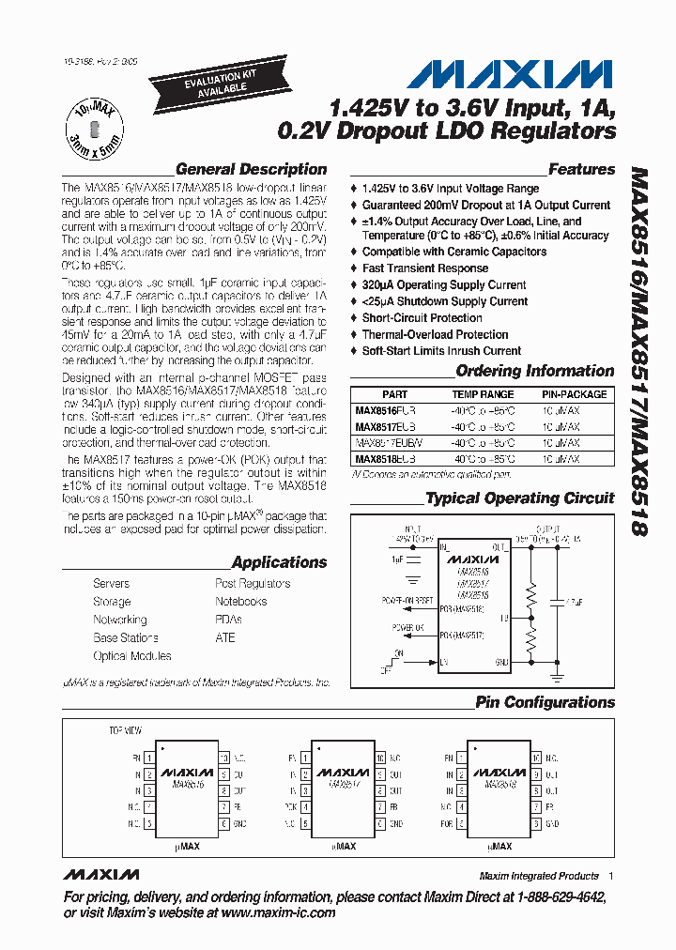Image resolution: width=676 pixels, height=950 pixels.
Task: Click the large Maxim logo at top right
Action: pos(513,74)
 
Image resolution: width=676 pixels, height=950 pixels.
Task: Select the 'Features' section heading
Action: pos(581,170)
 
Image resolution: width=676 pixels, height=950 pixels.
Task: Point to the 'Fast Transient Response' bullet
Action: pos(424,268)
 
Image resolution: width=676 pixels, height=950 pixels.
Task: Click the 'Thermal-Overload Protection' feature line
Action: pos(435,334)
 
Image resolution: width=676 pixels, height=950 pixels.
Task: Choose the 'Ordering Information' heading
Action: pos(534,372)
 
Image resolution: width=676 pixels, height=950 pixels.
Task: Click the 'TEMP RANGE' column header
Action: pos(483,395)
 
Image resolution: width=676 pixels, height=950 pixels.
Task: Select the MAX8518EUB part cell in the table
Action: pos(385,459)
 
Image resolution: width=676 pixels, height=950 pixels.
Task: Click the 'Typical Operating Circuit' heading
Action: pos(520,498)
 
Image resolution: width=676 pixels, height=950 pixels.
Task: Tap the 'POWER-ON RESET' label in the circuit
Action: pos(407,600)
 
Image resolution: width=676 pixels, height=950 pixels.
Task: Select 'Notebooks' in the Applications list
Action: pos(240,602)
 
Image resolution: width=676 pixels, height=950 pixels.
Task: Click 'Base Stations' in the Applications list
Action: pos(118,638)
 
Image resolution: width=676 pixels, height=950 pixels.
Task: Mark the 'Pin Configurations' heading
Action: pos(545,702)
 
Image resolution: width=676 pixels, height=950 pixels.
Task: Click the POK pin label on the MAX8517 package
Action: pos(292,806)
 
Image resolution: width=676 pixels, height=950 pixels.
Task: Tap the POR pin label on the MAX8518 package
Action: pos(448,823)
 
